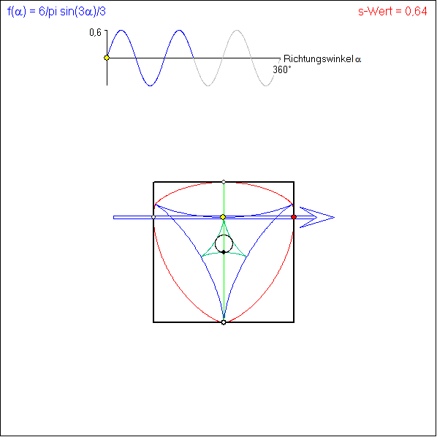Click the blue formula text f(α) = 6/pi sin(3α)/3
[x=56, y=12]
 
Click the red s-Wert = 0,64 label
[x=392, y=12]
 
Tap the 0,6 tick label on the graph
[x=95, y=32]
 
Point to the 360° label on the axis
[x=282, y=69]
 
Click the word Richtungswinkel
[x=319, y=59]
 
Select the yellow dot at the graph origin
[x=107, y=58]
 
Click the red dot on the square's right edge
[x=294, y=217]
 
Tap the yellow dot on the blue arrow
[x=223, y=217]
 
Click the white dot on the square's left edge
[x=153, y=217]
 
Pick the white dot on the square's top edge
[x=224, y=182]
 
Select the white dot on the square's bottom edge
[x=224, y=322]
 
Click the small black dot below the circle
[x=224, y=252]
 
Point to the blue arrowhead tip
[x=334, y=217]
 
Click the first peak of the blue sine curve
[x=121, y=30]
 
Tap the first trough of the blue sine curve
[x=151, y=85]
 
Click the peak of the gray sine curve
[x=237, y=30]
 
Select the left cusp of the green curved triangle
[x=202, y=256]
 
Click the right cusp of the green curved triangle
[x=246, y=256]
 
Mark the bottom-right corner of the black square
[x=294, y=322]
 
